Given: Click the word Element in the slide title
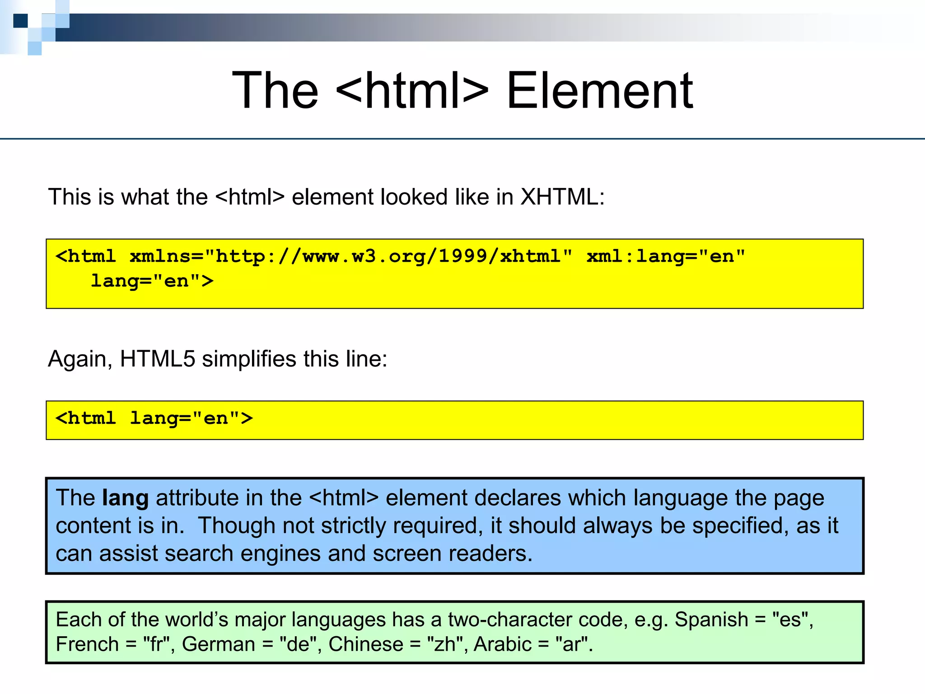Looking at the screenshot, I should [x=599, y=91].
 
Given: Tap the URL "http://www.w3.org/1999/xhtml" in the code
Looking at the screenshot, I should [x=389, y=257].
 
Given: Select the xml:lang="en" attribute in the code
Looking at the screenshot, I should [x=665, y=257].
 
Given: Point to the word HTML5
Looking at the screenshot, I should [x=157, y=359].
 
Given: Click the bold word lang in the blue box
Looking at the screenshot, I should [x=125, y=498].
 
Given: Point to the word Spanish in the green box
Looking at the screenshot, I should [x=711, y=619].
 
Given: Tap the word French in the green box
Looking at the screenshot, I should [x=87, y=644].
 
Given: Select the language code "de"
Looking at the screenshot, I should [x=298, y=644].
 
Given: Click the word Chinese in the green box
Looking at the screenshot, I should [x=366, y=644].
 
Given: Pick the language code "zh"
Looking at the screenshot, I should [x=445, y=644].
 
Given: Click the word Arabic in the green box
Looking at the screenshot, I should [x=502, y=644].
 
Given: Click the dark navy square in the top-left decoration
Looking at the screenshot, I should [x=20, y=21].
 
